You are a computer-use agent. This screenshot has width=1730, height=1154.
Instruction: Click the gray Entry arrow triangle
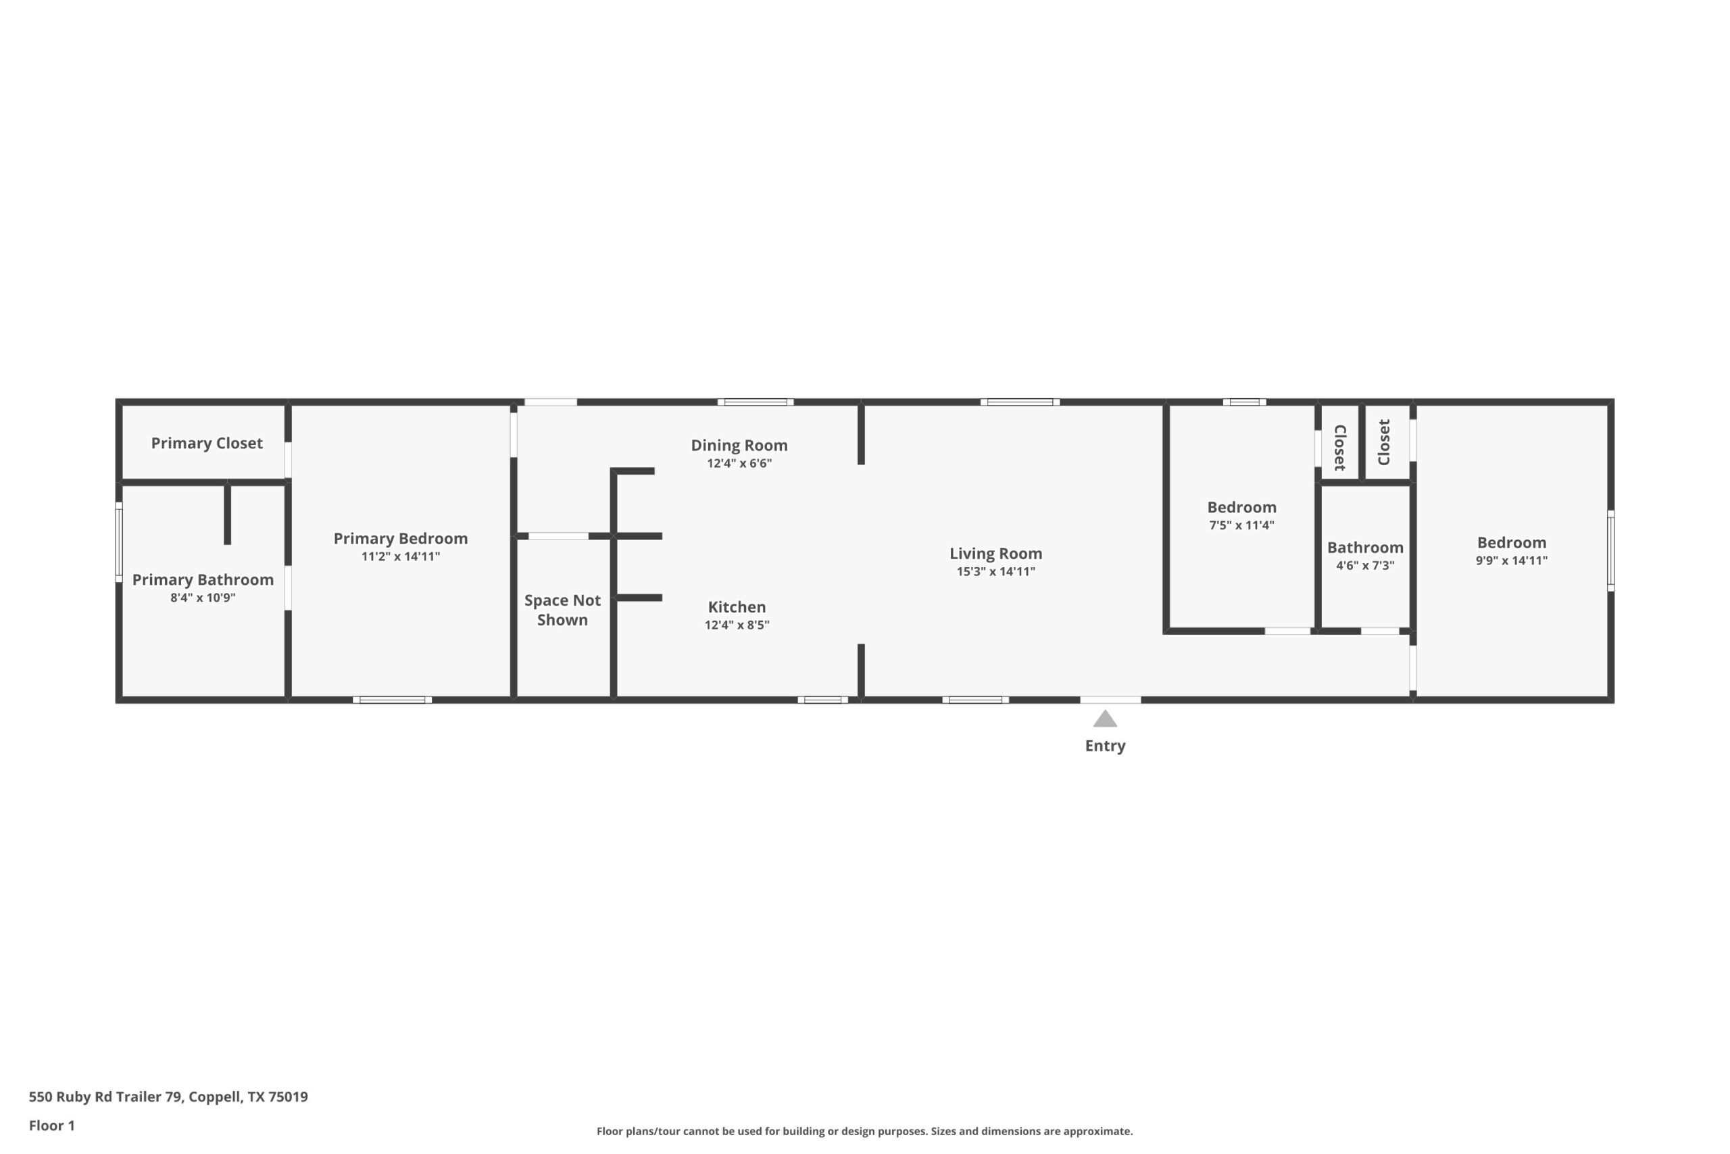pos(1105,719)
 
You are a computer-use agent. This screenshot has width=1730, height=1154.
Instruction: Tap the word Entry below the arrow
pos(1105,746)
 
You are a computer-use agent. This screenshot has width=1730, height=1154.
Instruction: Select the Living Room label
pos(995,554)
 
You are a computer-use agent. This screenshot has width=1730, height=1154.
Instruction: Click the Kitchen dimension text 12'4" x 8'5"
pos(737,625)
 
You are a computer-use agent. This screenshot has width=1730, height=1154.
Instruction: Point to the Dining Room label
pos(739,446)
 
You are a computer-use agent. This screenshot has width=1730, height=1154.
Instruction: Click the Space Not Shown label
pos(562,609)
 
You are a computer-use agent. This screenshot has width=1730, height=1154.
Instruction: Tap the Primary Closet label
pos(207,443)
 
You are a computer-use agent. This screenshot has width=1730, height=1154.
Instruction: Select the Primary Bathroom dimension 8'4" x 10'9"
pos(203,598)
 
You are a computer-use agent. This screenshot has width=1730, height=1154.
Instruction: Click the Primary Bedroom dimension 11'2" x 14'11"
pos(400,556)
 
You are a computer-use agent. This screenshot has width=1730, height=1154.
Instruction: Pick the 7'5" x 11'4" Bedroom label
pos(1241,507)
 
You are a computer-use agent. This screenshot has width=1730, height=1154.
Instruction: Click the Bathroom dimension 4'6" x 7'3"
pos(1364,565)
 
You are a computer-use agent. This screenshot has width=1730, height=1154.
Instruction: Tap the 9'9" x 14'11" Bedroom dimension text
pos(1511,560)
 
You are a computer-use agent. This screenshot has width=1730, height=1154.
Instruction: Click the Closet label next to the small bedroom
pos(1339,448)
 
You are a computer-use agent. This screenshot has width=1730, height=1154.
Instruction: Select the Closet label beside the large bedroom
pos(1383,442)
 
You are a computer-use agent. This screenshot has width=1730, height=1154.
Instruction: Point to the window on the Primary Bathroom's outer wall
pos(118,542)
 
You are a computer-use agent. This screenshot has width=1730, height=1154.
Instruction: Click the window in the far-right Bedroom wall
pos(1610,550)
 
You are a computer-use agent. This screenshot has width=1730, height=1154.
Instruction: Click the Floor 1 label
pos(51,1126)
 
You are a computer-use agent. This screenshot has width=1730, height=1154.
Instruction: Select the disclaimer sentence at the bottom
pos(864,1131)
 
